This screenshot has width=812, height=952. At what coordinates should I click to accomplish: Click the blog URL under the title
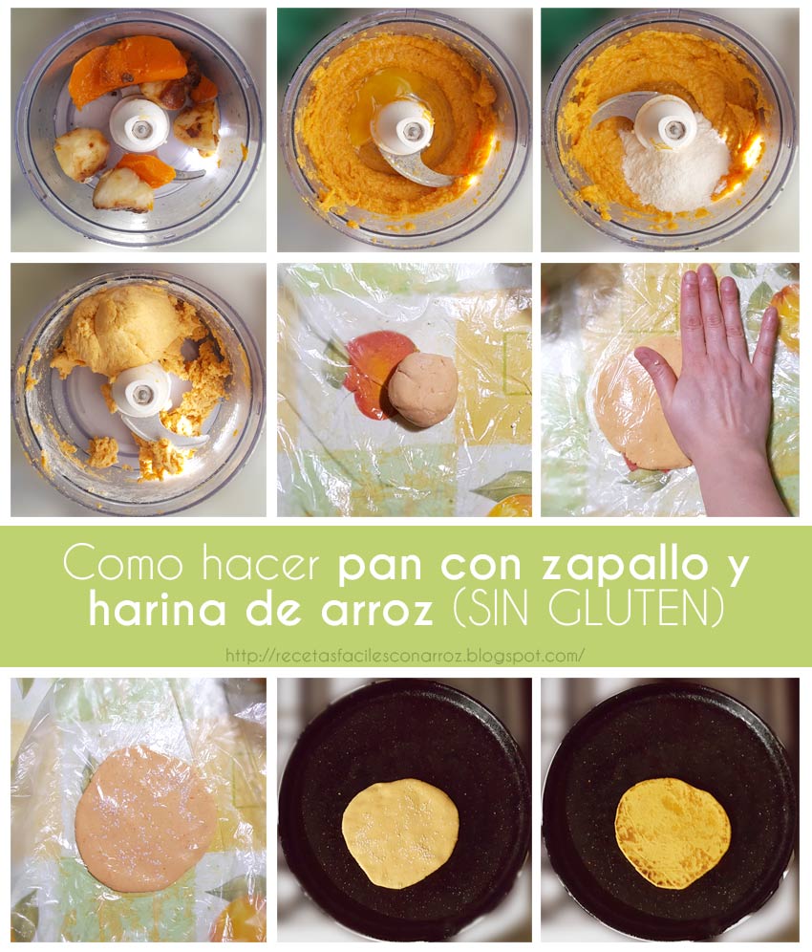[x=405, y=656]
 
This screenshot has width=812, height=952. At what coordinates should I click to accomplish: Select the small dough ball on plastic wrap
[x=423, y=389]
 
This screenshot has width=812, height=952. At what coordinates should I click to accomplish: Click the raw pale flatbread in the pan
[x=400, y=831]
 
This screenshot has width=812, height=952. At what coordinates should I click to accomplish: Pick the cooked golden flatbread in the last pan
[x=673, y=832]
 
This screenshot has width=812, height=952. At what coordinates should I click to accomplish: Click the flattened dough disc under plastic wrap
[x=146, y=817]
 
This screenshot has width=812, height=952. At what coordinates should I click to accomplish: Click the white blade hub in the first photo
[x=139, y=123]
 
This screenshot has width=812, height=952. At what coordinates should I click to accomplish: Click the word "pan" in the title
[x=383, y=566]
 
